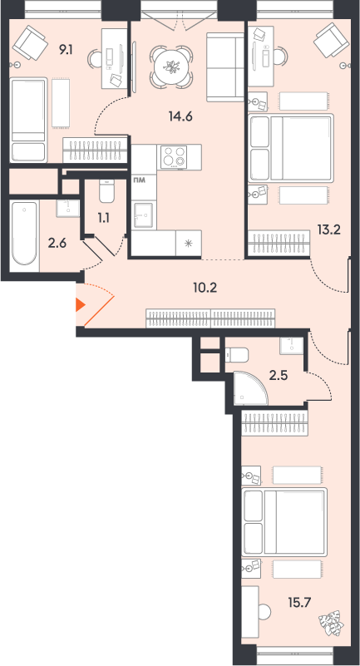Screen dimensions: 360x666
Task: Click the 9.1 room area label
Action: click(x=66, y=51)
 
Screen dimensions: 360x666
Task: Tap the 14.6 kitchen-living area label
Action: click(x=180, y=116)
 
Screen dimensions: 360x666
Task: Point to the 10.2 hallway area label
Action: click(x=205, y=289)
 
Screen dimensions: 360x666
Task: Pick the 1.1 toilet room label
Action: click(x=104, y=218)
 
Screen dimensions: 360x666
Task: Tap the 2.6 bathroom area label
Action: click(x=57, y=244)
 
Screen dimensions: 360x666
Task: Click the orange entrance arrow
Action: click(x=81, y=305)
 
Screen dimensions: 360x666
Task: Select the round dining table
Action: click(x=171, y=67)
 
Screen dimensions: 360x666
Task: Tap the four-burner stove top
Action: click(x=174, y=157)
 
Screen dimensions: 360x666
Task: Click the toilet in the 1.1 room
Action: click(x=106, y=190)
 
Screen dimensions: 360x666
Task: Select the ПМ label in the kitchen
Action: click(x=140, y=180)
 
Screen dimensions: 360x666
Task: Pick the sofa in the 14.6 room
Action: click(x=222, y=67)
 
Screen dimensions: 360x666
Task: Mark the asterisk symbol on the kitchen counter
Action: click(x=189, y=244)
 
